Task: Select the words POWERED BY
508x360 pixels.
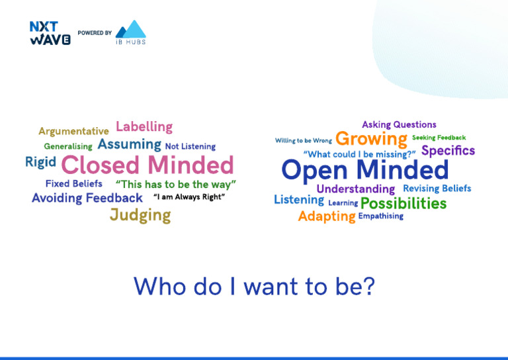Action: (95, 32)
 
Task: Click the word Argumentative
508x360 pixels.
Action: (73, 131)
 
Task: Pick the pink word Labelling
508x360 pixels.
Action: (144, 126)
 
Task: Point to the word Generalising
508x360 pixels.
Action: (68, 146)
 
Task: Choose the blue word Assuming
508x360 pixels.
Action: (130, 144)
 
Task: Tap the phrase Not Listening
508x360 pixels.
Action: (190, 146)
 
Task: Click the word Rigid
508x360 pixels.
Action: (40, 162)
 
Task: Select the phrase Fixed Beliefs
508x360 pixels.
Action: (74, 183)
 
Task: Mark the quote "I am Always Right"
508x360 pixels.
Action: (189, 197)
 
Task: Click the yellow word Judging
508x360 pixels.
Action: (140, 215)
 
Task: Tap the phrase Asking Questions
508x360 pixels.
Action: (399, 124)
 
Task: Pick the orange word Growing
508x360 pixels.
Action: (371, 139)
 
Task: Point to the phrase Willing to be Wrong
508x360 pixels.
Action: (304, 140)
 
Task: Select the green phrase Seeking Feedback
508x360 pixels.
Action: (439, 138)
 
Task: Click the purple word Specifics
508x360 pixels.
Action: (448, 151)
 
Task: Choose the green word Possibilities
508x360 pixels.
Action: (403, 203)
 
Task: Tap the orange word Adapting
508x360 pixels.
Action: (327, 216)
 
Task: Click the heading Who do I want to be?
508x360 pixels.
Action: (254, 286)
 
